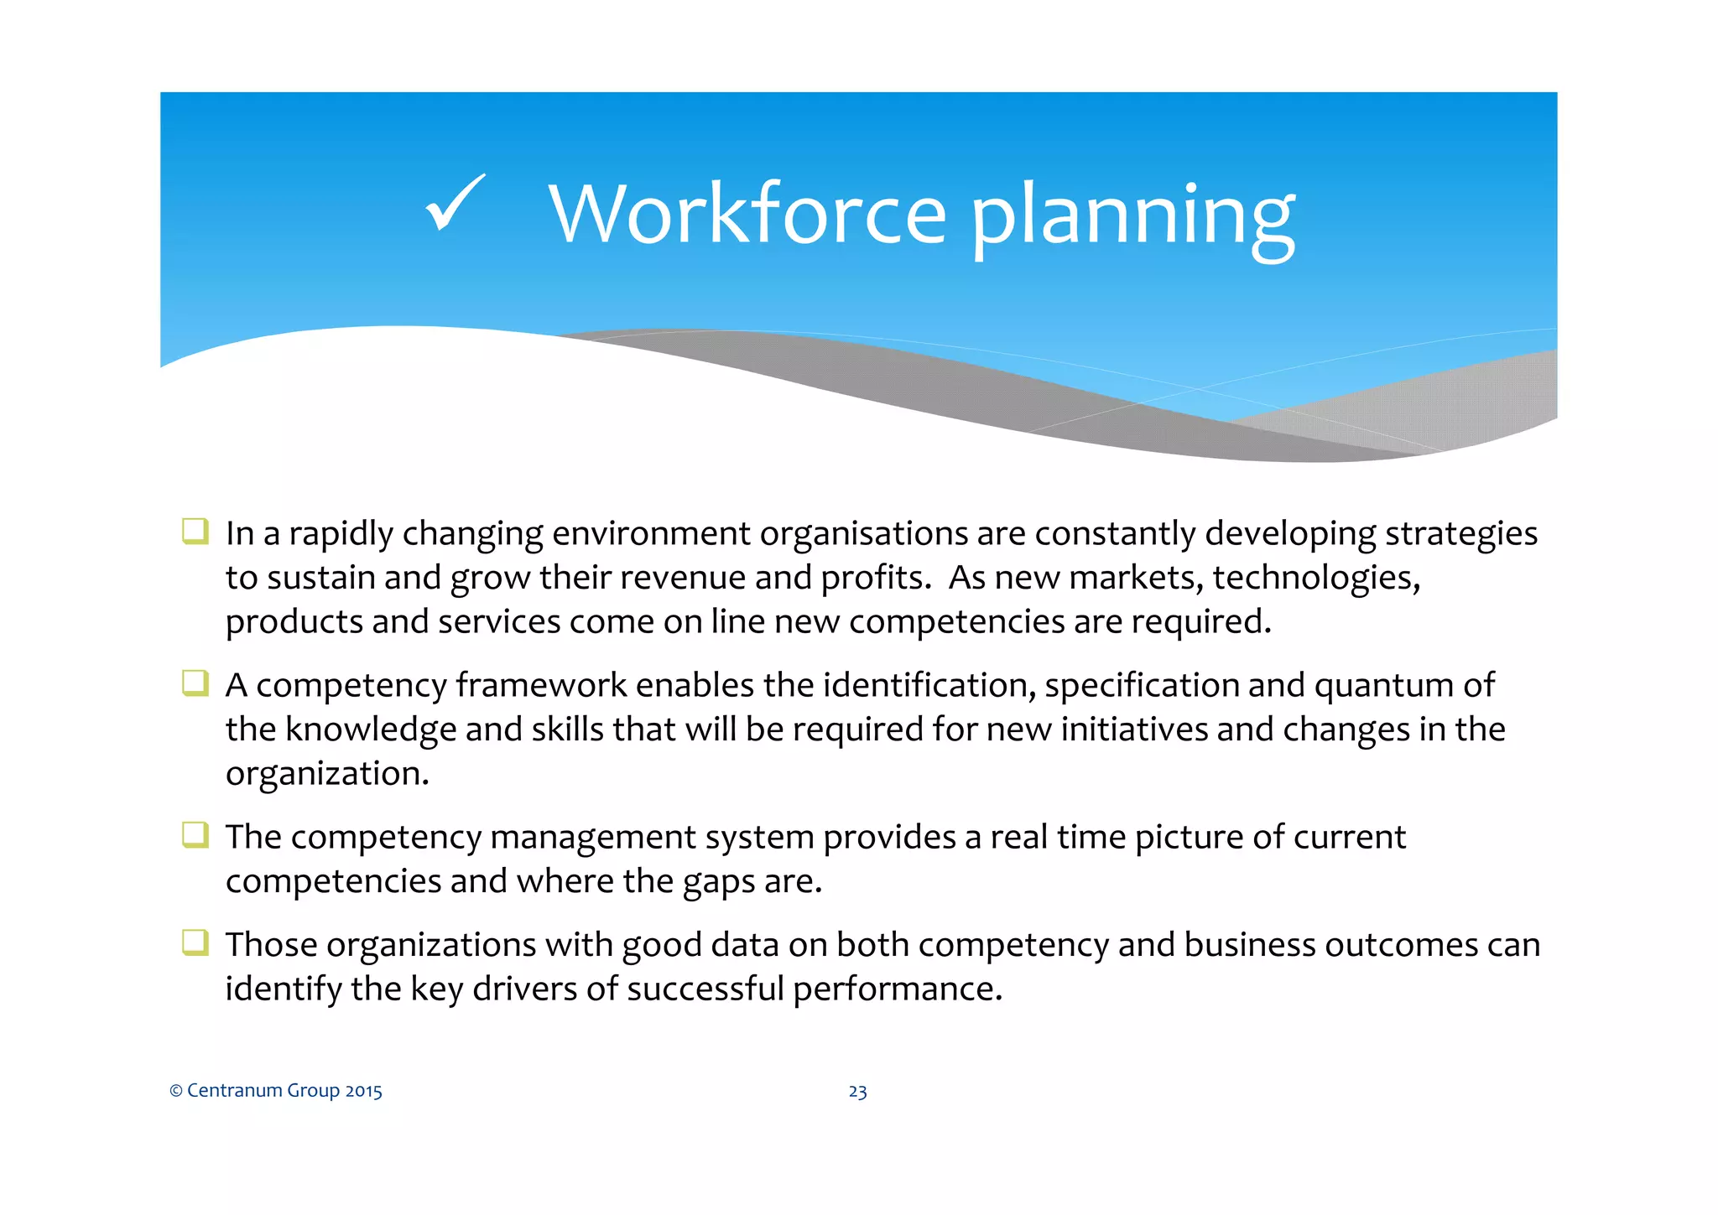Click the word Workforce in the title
tap(747, 215)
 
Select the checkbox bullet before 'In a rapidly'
tap(195, 532)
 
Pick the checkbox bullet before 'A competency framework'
tap(195, 683)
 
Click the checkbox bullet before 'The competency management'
tap(195, 835)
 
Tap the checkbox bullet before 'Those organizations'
tap(195, 943)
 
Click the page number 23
tap(857, 1092)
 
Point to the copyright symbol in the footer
tap(176, 1091)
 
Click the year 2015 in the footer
tap(363, 1091)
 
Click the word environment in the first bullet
tap(651, 534)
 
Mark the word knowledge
tap(370, 730)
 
